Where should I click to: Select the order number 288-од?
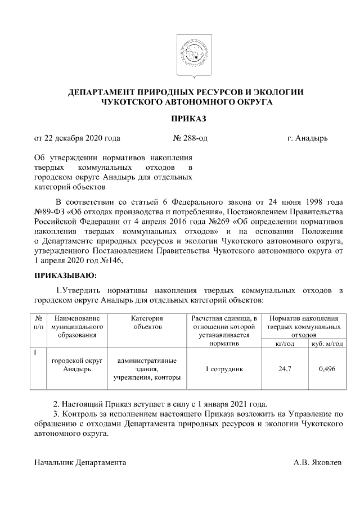coord(191,137)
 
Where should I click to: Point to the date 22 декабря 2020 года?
coord(77,137)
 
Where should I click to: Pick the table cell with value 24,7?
coord(285,369)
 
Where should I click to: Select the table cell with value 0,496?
coord(326,369)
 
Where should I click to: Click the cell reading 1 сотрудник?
coord(223,369)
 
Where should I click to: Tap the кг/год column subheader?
coord(285,344)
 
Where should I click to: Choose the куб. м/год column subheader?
coord(326,344)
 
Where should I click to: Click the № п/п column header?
coord(38,322)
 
